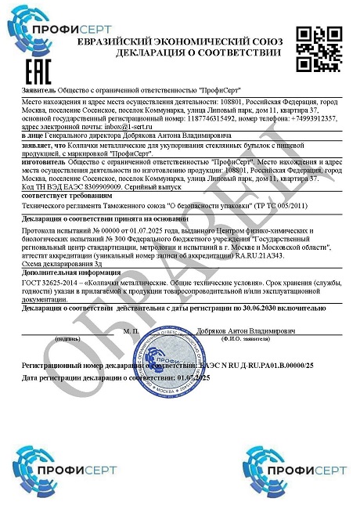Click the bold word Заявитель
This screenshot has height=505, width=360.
coord(39,91)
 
